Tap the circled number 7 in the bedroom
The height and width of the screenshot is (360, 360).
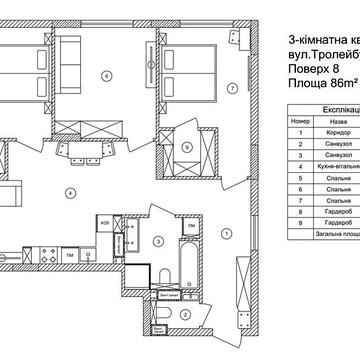pyautogui.click(x=232, y=89)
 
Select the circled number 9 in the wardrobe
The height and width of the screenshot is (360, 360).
pyautogui.click(x=187, y=147)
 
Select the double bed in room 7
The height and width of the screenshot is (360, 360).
pyautogui.click(x=192, y=56)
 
